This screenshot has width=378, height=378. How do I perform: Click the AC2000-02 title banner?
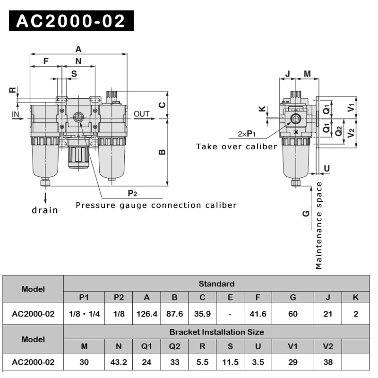[x=71, y=21]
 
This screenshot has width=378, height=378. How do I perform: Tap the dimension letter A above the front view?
[x=78, y=48]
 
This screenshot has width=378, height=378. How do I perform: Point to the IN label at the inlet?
[x=16, y=114]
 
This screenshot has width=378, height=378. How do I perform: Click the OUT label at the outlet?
[x=141, y=114]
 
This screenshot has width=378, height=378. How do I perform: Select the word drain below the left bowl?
[x=45, y=210]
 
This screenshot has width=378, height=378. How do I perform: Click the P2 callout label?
[x=132, y=193]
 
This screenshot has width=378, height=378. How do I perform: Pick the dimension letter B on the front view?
[x=162, y=152]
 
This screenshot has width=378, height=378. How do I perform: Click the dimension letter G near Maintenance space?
[x=306, y=213]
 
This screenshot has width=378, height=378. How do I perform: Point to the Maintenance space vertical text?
[x=319, y=225]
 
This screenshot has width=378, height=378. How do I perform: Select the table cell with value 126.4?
[x=146, y=314]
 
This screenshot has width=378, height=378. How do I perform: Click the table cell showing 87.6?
[x=174, y=314]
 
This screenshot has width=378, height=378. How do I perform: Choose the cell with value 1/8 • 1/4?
[x=84, y=314]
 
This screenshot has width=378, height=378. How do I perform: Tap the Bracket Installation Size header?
[x=216, y=332]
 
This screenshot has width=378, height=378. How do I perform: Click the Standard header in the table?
[x=216, y=283]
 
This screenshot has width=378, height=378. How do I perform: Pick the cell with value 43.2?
[x=119, y=362]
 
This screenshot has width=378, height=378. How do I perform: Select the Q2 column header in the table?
[x=174, y=346]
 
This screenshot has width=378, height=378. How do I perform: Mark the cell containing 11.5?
[x=230, y=362]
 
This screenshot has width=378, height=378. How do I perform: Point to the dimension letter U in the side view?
[x=327, y=168]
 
